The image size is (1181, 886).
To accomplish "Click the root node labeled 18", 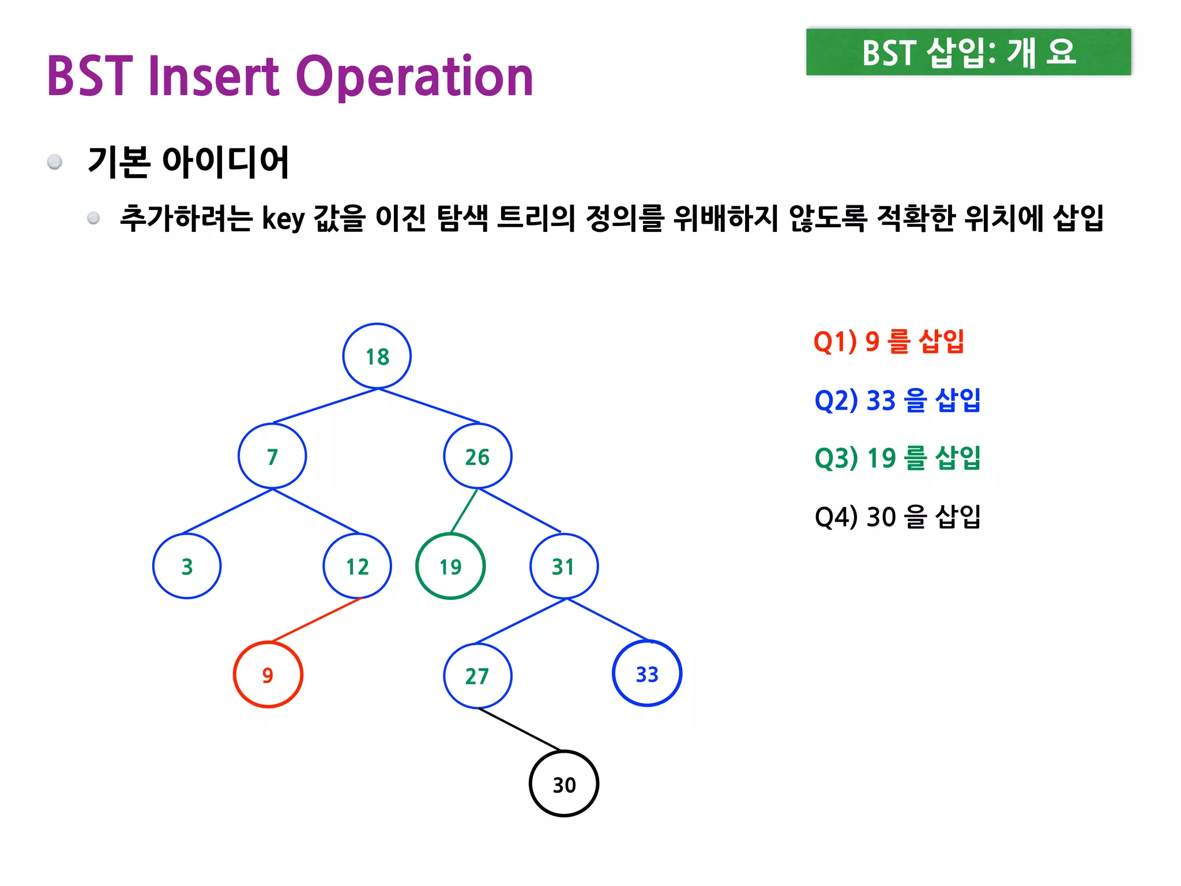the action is (x=377, y=356).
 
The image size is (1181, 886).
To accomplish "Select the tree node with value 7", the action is (x=272, y=456).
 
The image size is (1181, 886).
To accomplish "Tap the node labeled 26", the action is (x=477, y=456).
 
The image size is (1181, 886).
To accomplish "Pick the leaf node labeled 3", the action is (x=187, y=566).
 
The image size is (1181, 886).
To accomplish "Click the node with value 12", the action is (x=358, y=566).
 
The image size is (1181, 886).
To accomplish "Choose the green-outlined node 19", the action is (x=450, y=566).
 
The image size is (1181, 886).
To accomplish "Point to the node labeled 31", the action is (x=563, y=566).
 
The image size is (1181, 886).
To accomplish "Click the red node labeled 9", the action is (x=268, y=674).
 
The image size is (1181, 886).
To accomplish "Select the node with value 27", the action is (x=477, y=675).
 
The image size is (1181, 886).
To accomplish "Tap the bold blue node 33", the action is (x=647, y=674).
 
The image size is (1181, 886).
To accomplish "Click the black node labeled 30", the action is (x=564, y=784).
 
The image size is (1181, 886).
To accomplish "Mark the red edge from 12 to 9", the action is (x=316, y=620).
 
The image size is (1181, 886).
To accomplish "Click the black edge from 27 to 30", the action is (x=519, y=729).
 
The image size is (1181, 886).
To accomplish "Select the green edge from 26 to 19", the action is (x=464, y=510).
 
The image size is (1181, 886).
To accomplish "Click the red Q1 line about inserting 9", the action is (x=889, y=341).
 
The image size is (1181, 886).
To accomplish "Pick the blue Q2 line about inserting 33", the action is (x=897, y=400).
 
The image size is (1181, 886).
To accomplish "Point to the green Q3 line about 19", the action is (x=897, y=458).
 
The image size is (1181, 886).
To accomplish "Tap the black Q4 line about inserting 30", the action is (x=897, y=516).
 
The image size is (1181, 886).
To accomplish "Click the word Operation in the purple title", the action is (x=415, y=77).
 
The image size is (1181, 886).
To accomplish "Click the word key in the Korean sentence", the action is (x=283, y=219).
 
